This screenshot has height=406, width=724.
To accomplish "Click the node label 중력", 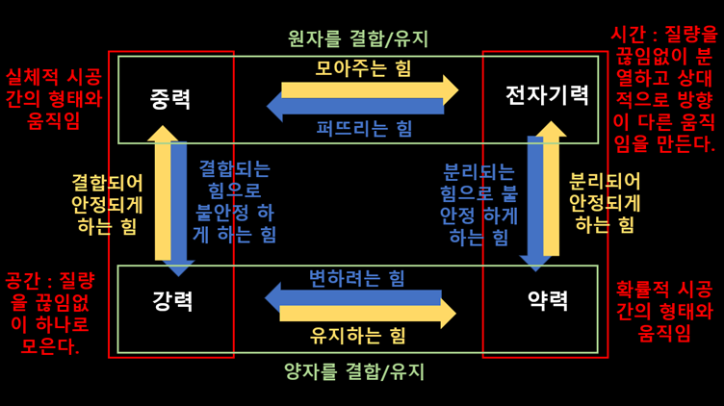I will coord(170,98).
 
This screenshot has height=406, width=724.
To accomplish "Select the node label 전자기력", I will coord(547,95).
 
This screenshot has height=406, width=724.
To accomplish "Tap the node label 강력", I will coord(172,301).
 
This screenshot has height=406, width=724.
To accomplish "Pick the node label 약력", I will coord(548,301).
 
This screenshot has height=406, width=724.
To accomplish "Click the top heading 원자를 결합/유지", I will coord(358,39).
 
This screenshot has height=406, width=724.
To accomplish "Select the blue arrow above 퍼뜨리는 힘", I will coord(356,107).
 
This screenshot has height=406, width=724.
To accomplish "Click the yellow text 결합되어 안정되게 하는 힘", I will coord(107,204).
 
